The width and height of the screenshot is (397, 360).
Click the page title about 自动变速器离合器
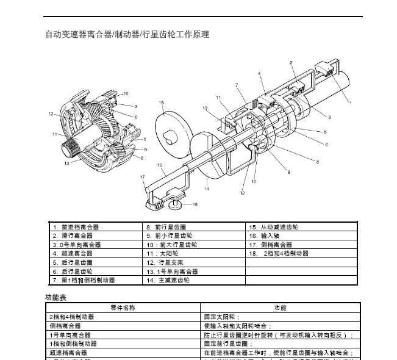tap(127, 35)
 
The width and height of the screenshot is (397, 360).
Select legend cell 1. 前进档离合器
tap(76, 227)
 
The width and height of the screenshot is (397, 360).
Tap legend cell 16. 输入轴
tap(264, 236)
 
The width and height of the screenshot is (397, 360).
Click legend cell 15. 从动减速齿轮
tap(273, 227)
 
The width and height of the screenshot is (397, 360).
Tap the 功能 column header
tap(280, 308)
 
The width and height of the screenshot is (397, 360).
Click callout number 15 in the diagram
tap(162, 103)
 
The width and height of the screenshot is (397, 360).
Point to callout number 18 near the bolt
tap(195, 204)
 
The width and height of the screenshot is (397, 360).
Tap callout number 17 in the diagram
tap(142, 178)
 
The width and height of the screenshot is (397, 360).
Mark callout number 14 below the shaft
tap(207, 189)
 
